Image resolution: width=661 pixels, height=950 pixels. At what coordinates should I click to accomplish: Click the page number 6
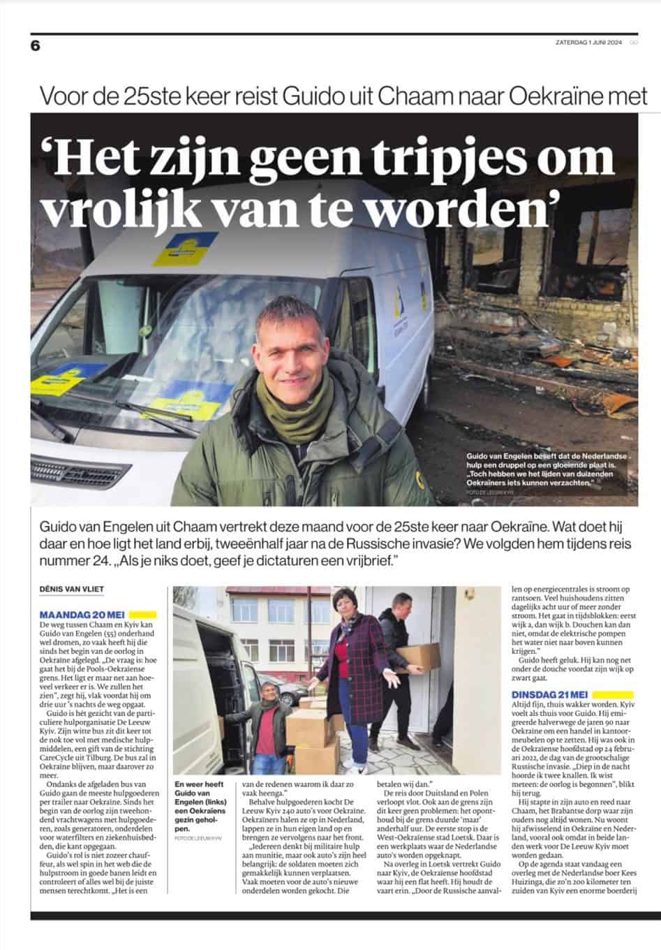tap(36, 45)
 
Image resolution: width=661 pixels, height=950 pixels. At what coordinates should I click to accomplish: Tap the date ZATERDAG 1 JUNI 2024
tap(586, 41)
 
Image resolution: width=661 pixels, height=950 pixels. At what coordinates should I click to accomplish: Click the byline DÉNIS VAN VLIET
tap(72, 589)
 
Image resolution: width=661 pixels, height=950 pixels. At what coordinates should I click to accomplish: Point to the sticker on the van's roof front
tap(187, 247)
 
